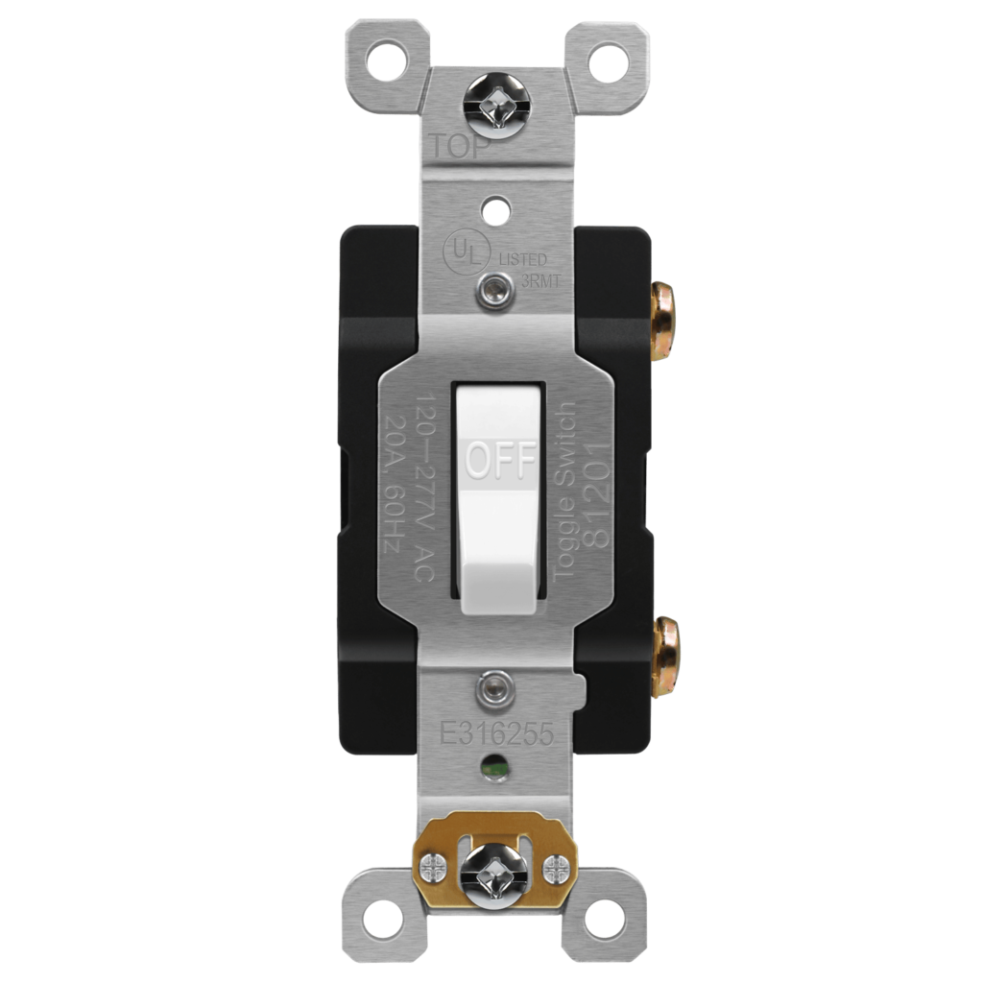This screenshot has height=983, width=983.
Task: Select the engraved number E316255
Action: click(494, 732)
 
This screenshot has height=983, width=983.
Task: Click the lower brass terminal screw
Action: click(663, 654)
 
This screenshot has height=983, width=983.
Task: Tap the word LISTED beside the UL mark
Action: click(523, 260)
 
